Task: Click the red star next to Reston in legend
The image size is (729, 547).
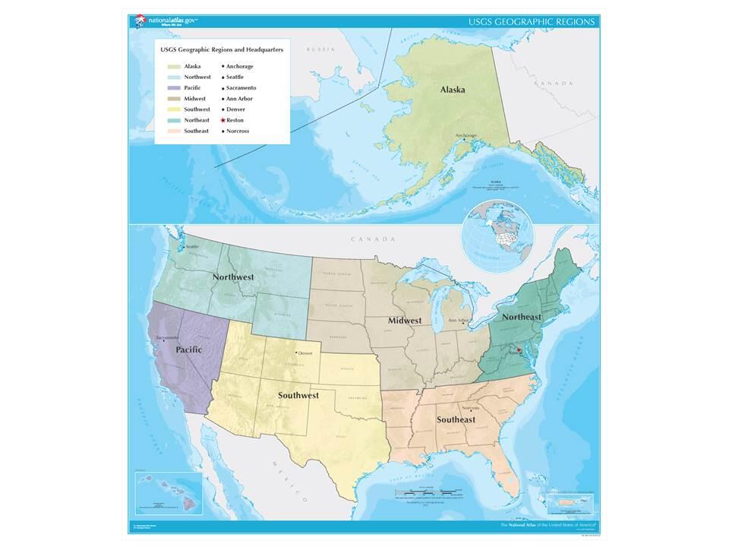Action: point(223,120)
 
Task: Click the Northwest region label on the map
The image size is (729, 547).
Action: point(233,277)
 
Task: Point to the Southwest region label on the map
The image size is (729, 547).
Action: point(298,395)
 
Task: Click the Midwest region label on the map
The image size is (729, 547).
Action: point(405,320)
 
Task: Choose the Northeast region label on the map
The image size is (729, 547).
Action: point(520,316)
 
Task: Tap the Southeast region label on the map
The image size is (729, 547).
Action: point(456,419)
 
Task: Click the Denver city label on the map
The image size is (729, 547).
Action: point(305,353)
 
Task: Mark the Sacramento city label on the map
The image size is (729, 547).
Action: point(167,337)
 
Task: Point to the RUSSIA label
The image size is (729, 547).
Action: point(320,49)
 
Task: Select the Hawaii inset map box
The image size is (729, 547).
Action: point(167,492)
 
